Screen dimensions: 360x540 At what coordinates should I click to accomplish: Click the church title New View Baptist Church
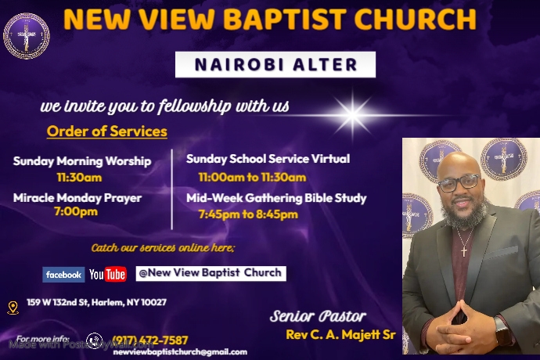pyautogui.click(x=269, y=20)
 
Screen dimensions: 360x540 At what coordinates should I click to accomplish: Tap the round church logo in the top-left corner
pyautogui.click(x=26, y=36)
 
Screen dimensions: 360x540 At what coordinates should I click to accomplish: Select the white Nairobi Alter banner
pyautogui.click(x=275, y=65)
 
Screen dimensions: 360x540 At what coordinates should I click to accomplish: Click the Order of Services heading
pyautogui.click(x=106, y=131)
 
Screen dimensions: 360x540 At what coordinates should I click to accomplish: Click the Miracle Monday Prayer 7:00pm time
pyautogui.click(x=76, y=212)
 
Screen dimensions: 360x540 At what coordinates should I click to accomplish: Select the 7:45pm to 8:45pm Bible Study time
pyautogui.click(x=247, y=214)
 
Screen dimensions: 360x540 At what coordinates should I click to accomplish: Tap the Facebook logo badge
pyautogui.click(x=63, y=275)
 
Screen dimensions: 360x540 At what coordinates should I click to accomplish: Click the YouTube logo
pyautogui.click(x=107, y=275)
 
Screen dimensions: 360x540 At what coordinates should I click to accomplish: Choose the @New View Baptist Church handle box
pyautogui.click(x=210, y=273)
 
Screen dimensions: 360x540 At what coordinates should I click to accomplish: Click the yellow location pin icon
pyautogui.click(x=13, y=308)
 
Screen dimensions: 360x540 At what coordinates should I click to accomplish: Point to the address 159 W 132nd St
pyautogui.click(x=96, y=302)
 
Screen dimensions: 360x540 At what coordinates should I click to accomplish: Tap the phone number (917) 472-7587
pyautogui.click(x=149, y=340)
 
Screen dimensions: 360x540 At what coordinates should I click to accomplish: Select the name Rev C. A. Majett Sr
pyautogui.click(x=341, y=336)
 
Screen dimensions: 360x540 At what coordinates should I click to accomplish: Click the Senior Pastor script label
pyautogui.click(x=318, y=317)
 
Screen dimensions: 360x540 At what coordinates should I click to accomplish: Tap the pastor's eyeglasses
pyautogui.click(x=459, y=182)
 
